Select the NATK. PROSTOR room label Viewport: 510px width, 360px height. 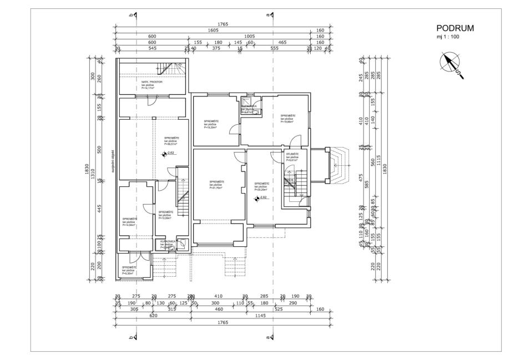click(x=152, y=82)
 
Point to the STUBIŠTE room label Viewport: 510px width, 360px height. click(x=292, y=154)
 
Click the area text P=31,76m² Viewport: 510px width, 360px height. click(x=216, y=188)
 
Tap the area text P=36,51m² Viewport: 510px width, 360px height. click(x=171, y=144)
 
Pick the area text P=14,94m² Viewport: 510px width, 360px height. click(x=130, y=225)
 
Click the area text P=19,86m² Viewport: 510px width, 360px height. click(x=288, y=122)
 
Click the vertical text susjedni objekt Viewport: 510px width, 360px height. click(x=113, y=161)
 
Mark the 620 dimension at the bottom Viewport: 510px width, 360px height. click(x=154, y=315)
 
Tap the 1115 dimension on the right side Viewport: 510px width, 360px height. click(x=377, y=158)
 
